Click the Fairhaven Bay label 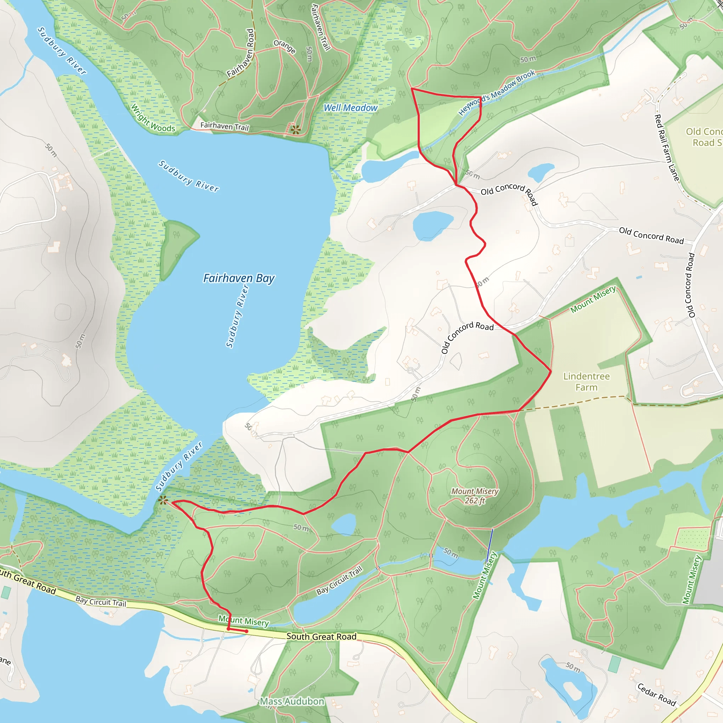coord(239,279)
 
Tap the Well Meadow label coord(350,108)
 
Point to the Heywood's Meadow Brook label coord(497,92)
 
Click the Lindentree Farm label coord(586,382)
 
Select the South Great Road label coord(321,637)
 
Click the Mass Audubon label coord(292,701)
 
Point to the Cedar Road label coord(656,694)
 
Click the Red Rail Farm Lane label coord(667,148)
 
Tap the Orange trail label coord(285,46)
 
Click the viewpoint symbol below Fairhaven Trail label coord(295,130)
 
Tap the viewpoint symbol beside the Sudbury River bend coord(162,500)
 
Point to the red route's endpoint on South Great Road coord(246,631)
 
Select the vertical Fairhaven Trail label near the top coord(320,27)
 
